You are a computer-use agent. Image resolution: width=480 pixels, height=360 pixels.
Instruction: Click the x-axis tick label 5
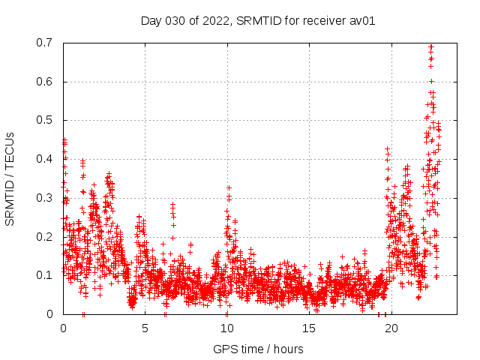[145, 328]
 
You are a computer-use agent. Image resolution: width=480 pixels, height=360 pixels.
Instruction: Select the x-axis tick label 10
[226, 328]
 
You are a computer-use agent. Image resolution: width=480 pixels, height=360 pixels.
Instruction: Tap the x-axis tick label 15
[308, 328]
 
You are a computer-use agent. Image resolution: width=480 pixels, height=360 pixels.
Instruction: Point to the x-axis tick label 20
[391, 328]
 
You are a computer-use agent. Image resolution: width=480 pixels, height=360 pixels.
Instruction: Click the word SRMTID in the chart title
[257, 20]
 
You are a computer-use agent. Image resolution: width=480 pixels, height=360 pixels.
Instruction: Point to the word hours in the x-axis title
[289, 349]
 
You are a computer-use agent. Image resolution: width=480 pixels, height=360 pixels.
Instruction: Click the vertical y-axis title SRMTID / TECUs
[10, 178]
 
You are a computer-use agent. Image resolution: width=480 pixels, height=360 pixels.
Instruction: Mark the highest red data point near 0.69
[430, 46]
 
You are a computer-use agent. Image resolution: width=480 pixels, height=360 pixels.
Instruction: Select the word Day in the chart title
[151, 20]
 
